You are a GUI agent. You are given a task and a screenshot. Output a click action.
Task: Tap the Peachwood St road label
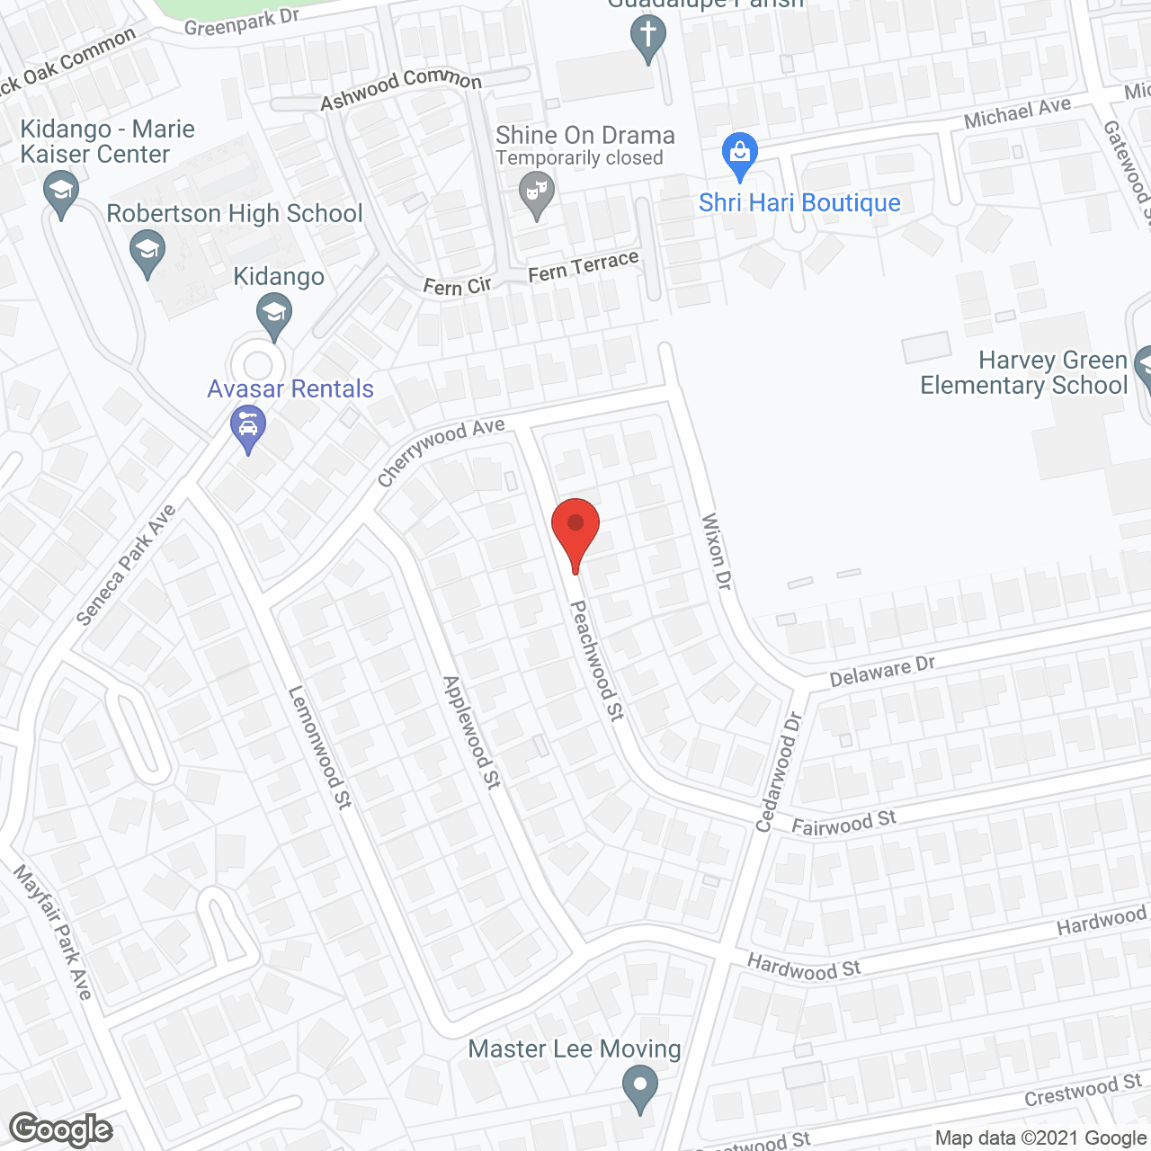pos(597,660)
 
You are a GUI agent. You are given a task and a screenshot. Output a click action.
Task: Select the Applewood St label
pos(471,732)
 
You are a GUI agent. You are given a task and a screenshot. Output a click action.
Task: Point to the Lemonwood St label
pos(319,746)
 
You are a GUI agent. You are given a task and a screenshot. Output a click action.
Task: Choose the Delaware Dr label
pos(882,671)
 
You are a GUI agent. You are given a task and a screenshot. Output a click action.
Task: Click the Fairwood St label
pos(843,823)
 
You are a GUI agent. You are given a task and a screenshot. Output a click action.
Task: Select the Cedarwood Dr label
pos(779,772)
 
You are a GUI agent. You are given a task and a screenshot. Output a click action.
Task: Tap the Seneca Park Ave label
pos(126,566)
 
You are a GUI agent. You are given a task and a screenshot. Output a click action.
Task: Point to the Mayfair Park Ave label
pos(53,932)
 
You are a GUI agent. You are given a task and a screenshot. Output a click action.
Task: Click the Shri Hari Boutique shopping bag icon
pos(740,156)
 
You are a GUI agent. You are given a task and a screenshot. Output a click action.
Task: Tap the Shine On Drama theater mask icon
pos(537,193)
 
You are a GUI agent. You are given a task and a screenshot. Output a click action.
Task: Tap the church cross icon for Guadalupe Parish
pos(647,39)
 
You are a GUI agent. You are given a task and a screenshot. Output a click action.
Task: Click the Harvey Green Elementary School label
pos(1023,373)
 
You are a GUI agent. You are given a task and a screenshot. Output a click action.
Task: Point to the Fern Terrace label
pos(584,267)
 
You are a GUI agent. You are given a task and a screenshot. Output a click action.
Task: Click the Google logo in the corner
pos(60,1129)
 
